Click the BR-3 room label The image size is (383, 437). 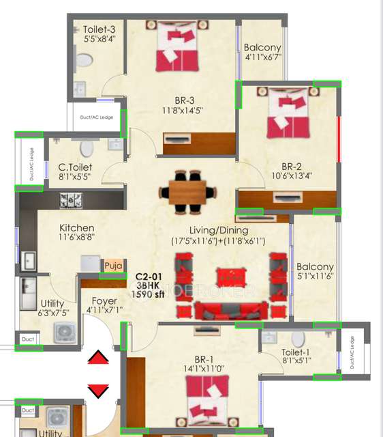click(183, 100)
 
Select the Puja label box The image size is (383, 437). click(111, 265)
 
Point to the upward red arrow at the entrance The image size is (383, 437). click(98, 358)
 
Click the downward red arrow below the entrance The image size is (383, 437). click(98, 391)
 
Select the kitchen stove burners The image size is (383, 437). click(71, 200)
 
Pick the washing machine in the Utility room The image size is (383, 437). click(65, 333)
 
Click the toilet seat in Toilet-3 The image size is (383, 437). click(84, 60)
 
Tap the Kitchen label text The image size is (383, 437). click(76, 228)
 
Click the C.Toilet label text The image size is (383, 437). click(75, 167)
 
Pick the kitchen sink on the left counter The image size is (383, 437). click(29, 259)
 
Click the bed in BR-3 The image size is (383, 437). click(178, 48)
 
